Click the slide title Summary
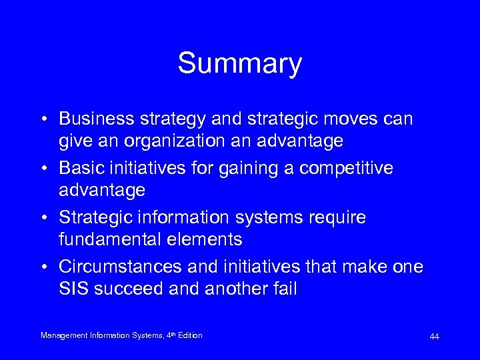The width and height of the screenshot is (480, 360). point(239,64)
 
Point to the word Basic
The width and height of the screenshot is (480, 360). point(79,169)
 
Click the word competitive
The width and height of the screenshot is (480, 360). point(346,169)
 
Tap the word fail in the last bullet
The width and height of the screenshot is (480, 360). point(282,289)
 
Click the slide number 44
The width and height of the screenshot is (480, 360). point(434,337)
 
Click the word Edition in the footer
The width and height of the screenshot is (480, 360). point(189,335)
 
